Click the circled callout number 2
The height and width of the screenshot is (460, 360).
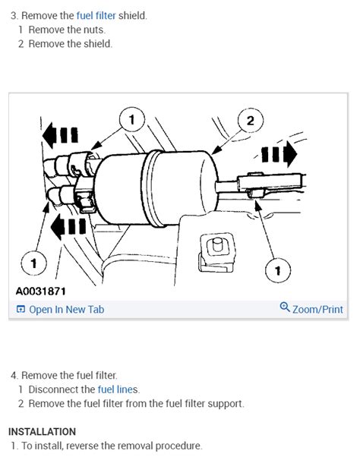click(250, 121)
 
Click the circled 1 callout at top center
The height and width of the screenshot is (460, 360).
click(132, 119)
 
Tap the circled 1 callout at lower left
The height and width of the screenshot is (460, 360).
click(33, 263)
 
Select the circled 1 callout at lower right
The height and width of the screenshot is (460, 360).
click(278, 270)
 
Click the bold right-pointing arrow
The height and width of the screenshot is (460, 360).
click(279, 154)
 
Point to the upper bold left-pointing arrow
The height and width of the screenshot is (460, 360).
click(60, 135)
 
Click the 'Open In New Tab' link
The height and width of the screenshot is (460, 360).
click(67, 310)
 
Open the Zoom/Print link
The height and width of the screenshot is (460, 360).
click(317, 310)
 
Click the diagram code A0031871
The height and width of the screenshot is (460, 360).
click(41, 291)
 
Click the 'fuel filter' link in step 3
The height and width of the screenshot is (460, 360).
click(96, 15)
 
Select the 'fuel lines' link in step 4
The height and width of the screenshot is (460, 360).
click(118, 389)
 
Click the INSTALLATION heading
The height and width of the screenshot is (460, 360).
click(42, 432)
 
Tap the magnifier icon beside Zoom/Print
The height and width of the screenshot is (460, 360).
click(285, 307)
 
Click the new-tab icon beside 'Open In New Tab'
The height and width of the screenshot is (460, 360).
click(21, 309)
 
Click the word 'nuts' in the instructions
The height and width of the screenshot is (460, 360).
click(93, 30)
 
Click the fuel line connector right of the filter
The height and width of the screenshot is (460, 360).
click(270, 184)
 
